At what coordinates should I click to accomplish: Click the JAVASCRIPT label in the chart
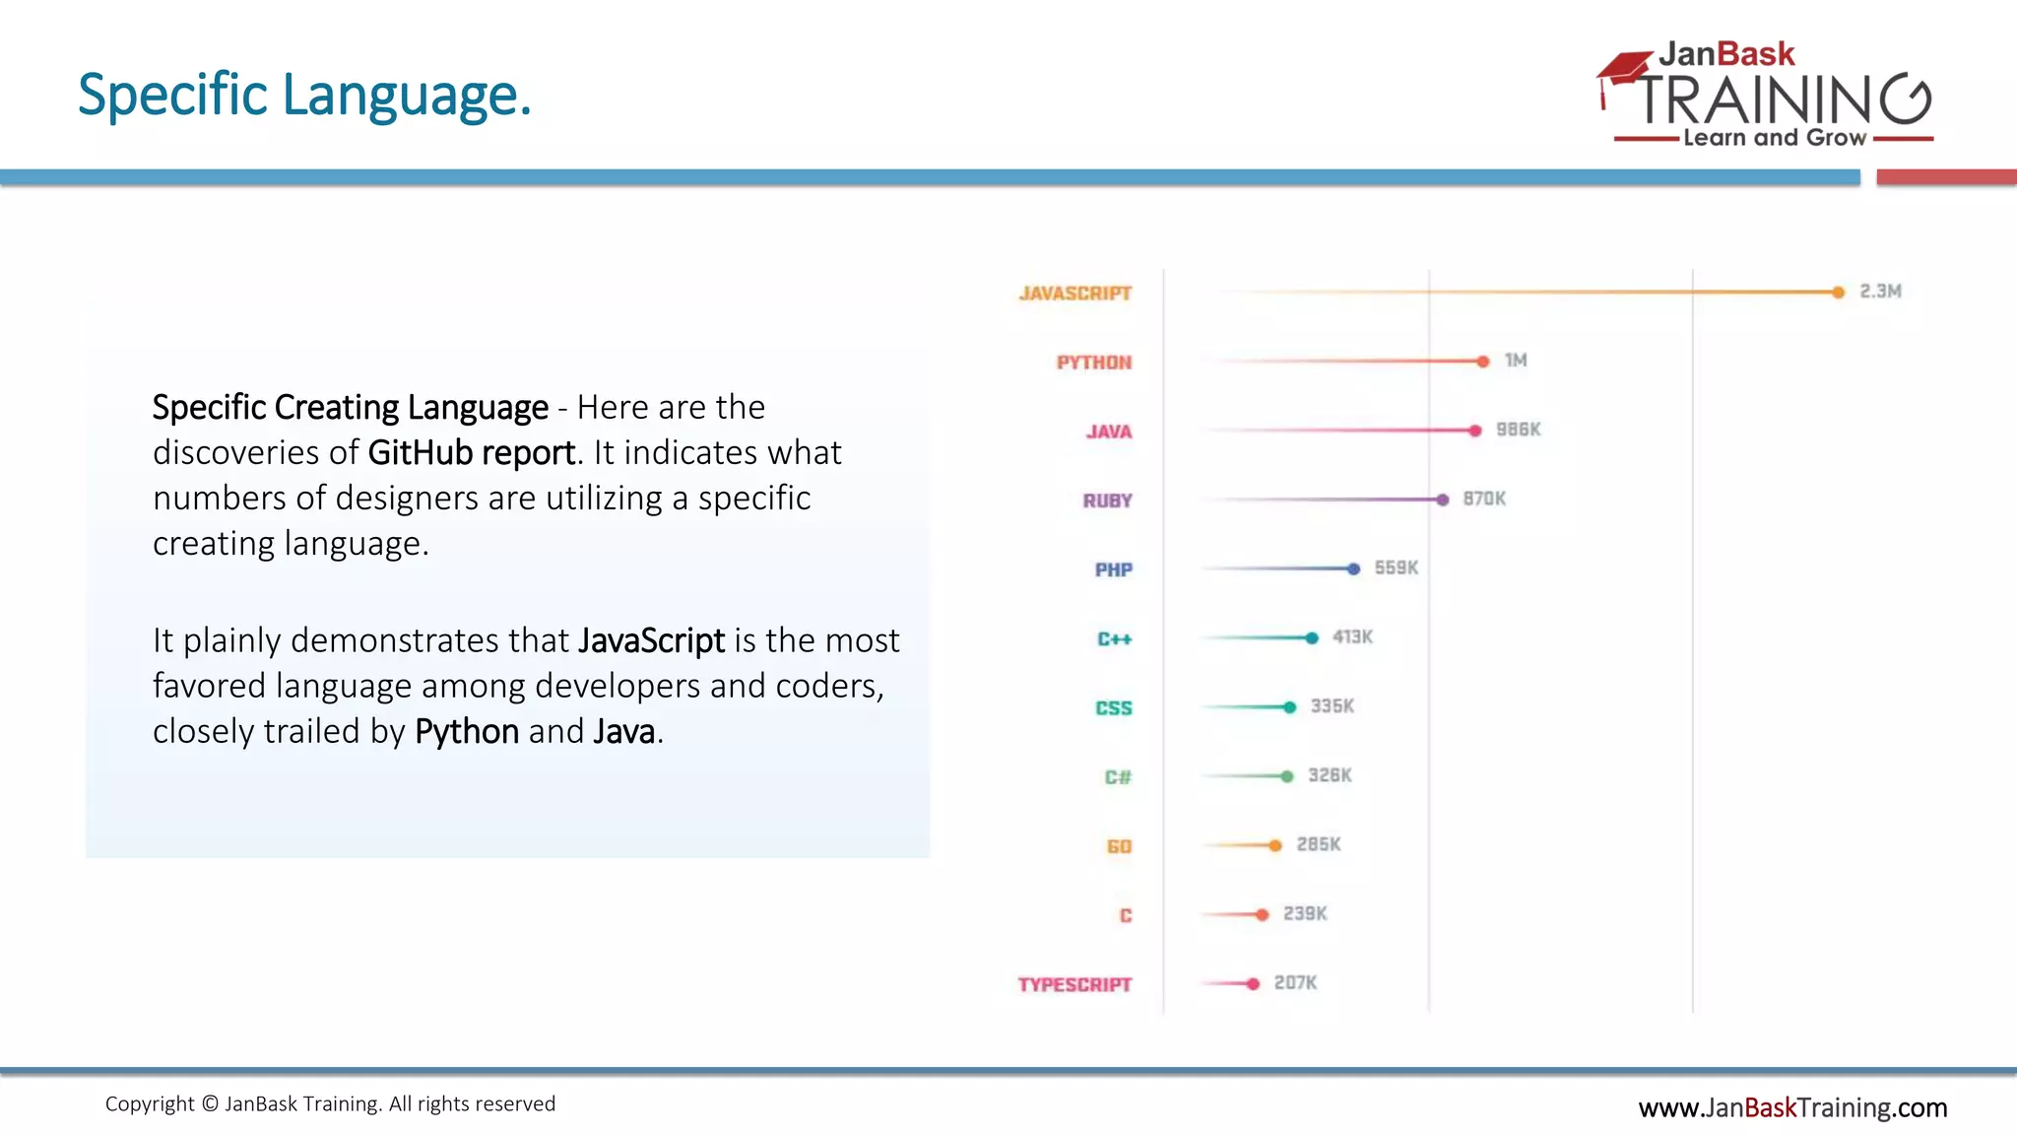1074,294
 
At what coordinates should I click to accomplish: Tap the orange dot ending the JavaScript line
1838,293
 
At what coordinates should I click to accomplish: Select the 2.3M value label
1880,292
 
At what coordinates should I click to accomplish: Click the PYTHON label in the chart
1093,363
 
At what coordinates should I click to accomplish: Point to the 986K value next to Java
1518,430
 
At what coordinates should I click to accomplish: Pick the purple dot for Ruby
1442,501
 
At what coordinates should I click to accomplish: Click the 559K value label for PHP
1396,568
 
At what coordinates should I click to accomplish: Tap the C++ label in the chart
1114,639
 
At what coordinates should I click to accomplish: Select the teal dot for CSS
1289,707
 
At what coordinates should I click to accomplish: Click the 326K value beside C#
1330,775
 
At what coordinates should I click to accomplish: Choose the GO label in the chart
1119,846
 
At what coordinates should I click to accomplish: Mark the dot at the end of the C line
1263,915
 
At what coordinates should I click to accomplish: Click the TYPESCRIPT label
1074,985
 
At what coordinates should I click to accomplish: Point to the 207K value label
1295,983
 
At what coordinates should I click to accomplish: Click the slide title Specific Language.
304,96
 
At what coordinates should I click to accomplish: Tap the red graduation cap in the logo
1626,70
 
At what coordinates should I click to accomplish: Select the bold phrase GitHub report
471,453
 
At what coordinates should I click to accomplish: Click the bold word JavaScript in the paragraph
651,641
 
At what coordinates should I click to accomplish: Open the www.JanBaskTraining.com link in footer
1791,1108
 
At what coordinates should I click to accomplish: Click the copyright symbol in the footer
210,1104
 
